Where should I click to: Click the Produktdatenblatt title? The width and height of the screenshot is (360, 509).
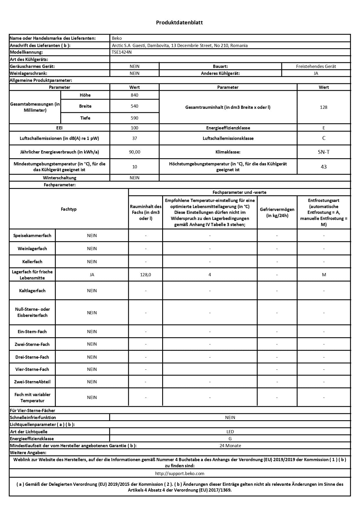[179, 22]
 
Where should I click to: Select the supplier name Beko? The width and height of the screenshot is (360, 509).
[117, 38]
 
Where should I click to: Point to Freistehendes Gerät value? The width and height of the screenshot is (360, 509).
[316, 66]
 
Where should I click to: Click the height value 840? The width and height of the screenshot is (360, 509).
[135, 95]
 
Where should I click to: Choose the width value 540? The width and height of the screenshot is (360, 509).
[135, 106]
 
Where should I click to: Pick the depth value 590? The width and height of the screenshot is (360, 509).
[135, 118]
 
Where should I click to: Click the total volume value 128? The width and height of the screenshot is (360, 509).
[323, 107]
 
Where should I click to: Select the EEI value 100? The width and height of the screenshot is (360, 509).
[135, 128]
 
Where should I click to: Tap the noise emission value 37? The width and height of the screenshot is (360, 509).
[135, 138]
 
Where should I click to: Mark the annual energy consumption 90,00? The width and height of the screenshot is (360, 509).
[135, 152]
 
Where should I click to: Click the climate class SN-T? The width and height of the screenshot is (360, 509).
[323, 152]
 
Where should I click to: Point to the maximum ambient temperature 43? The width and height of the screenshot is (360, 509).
[324, 167]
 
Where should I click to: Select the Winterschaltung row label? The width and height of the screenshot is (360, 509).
[59, 178]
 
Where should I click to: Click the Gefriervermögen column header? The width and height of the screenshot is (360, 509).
[277, 212]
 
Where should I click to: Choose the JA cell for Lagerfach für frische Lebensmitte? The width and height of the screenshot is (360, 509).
[92, 275]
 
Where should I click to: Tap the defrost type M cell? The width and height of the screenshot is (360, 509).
[324, 275]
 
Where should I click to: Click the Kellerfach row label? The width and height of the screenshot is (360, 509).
[32, 262]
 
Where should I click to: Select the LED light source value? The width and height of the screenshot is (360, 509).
[230, 432]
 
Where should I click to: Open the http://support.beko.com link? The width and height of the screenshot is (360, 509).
[180, 474]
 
